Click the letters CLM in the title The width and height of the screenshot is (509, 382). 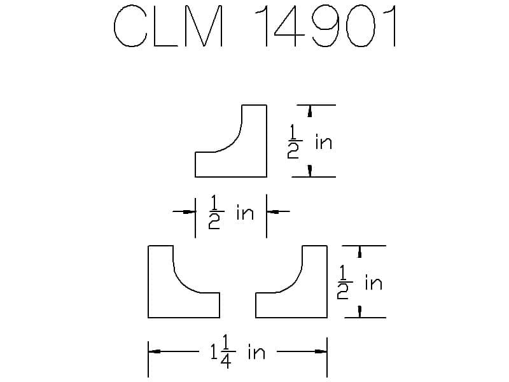[x=169, y=26]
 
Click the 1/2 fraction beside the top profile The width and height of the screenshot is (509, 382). [x=294, y=141]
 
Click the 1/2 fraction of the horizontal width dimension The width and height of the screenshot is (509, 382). [x=216, y=212]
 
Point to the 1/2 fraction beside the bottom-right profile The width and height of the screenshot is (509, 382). [x=344, y=282]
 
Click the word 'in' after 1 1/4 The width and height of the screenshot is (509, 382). [x=256, y=353]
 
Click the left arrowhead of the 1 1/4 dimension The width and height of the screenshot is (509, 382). [x=154, y=351]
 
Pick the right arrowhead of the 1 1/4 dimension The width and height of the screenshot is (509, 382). [x=321, y=351]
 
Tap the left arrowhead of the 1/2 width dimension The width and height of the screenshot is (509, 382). [x=189, y=212]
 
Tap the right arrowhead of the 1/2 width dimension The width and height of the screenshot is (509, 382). [x=273, y=212]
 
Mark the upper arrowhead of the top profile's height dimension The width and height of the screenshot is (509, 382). [x=310, y=111]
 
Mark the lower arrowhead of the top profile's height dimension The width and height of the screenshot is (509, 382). [x=310, y=171]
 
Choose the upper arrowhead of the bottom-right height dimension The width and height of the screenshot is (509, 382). [x=359, y=251]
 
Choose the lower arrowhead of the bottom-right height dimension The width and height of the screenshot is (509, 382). [x=359, y=311]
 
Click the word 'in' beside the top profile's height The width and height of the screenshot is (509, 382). [x=324, y=142]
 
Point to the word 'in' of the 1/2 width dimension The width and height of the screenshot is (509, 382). [x=245, y=213]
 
